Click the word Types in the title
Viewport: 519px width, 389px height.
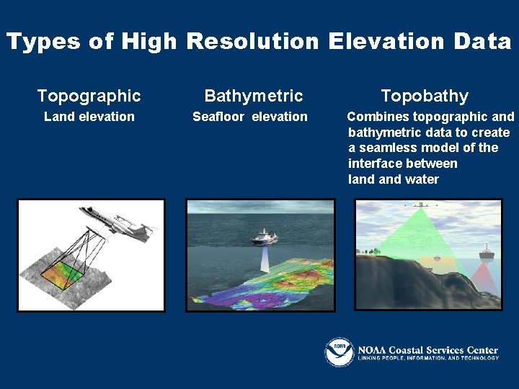[43, 42]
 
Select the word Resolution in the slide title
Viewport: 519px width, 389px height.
[252, 42]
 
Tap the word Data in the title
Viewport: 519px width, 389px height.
[482, 42]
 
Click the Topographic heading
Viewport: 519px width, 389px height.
[89, 96]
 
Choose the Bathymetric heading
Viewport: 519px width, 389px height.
[254, 96]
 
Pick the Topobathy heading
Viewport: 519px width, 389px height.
[425, 96]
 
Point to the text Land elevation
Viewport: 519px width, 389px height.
[89, 117]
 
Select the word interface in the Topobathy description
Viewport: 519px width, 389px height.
[374, 164]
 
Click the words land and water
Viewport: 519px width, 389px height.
[394, 179]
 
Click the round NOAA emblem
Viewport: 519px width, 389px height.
[339, 352]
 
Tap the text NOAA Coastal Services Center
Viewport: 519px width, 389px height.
[428, 349]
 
